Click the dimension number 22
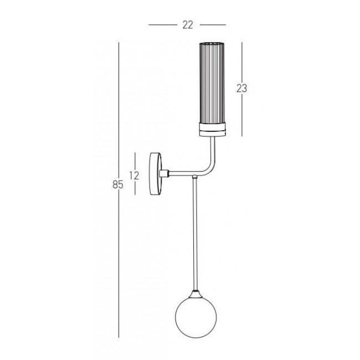click(x=188, y=25)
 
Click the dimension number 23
click(x=241, y=88)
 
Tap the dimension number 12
click(x=135, y=176)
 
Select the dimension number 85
click(x=118, y=184)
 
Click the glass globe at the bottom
click(x=196, y=317)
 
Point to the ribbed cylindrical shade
click(x=212, y=83)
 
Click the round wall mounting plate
click(x=156, y=174)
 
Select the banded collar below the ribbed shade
click(x=213, y=130)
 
